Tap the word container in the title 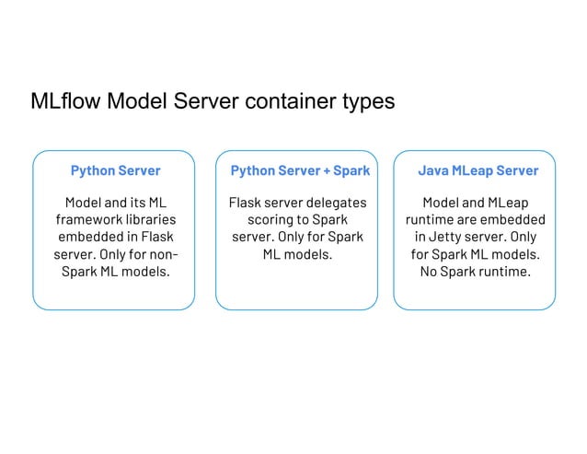pos(294,100)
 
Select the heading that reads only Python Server pos(115,170)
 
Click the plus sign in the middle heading pos(324,170)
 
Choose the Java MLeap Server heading pos(478,170)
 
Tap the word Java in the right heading pos(433,170)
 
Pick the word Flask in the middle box pos(245,202)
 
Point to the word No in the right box pos(430,272)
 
